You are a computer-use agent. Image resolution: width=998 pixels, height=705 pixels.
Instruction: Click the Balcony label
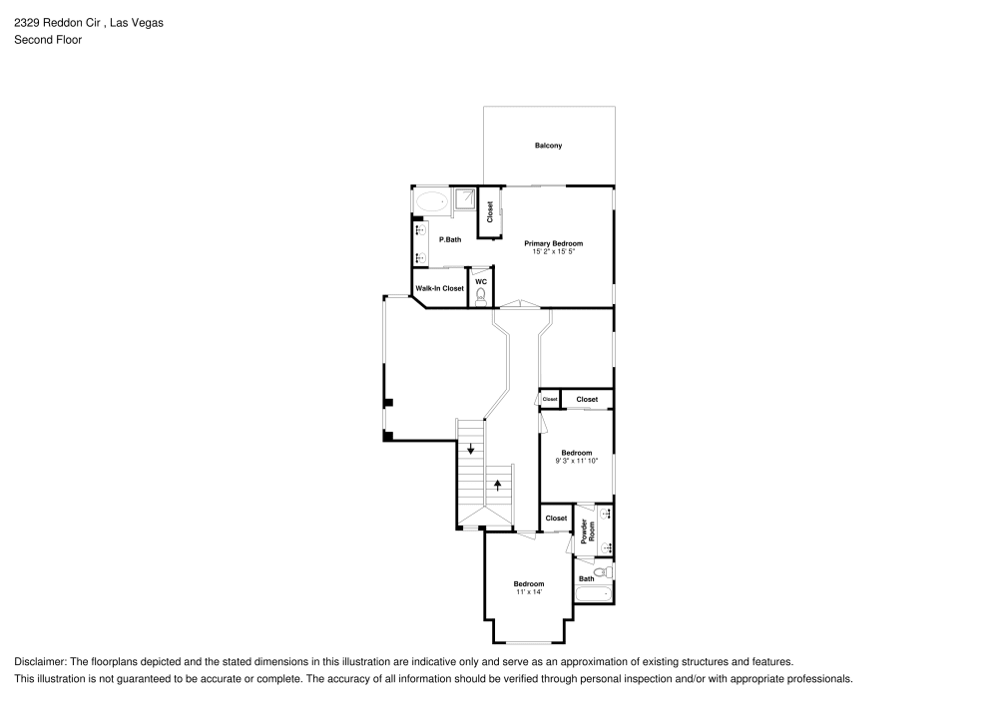(x=548, y=146)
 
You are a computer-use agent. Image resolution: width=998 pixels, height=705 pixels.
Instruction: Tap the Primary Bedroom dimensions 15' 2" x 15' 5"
(x=554, y=251)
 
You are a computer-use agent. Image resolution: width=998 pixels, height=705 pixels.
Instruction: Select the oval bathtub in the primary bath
(x=432, y=201)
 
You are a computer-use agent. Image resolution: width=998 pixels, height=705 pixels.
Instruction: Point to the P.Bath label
(x=450, y=239)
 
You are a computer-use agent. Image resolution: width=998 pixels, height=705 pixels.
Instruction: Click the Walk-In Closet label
(x=440, y=288)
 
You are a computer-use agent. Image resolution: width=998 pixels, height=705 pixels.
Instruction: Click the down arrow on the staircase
(x=471, y=448)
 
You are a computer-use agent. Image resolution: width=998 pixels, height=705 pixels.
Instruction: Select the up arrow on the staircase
(x=496, y=486)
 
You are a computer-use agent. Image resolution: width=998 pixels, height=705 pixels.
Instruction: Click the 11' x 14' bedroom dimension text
(x=529, y=592)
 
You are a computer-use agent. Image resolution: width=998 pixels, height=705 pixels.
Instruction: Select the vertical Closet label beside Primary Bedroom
(x=490, y=211)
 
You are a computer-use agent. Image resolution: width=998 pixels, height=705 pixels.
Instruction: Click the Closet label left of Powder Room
(x=556, y=519)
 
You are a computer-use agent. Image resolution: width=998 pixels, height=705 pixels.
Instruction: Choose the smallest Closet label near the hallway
(x=550, y=399)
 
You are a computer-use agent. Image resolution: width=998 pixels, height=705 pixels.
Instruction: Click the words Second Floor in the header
(x=48, y=40)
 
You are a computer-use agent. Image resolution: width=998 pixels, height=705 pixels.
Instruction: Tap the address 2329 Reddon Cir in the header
(x=58, y=21)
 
